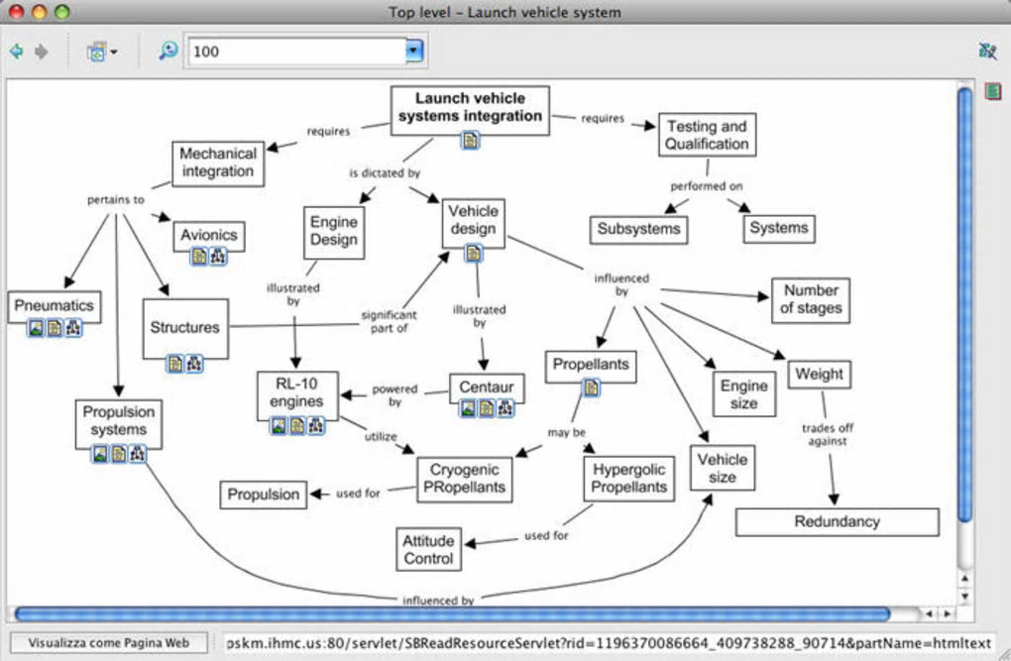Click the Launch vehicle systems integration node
(470, 107)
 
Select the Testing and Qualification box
(706, 135)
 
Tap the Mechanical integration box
(217, 163)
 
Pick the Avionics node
(208, 235)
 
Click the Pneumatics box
(54, 305)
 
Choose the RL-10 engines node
(296, 392)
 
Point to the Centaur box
(486, 386)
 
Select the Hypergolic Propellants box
(629, 478)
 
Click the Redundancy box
(837, 521)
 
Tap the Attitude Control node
(428, 549)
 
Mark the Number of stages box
(810, 299)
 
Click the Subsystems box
(638, 229)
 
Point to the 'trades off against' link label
(827, 434)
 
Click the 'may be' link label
(566, 433)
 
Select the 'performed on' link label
(706, 185)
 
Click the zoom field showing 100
(297, 51)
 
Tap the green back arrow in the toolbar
(16, 51)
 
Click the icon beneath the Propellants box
(591, 387)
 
